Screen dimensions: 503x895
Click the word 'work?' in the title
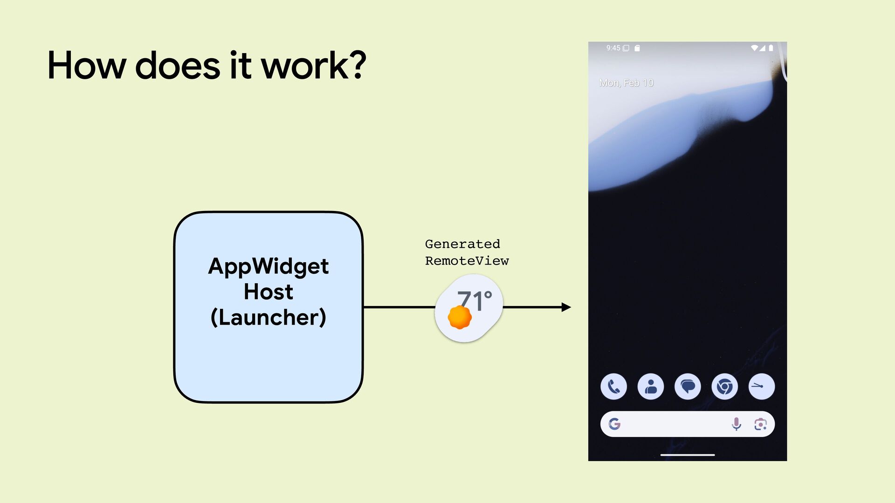click(313, 65)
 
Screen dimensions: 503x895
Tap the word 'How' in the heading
click(87, 65)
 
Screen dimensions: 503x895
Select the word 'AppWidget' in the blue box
click(268, 266)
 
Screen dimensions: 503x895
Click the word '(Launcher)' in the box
click(268, 318)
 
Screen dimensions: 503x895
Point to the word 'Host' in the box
click(268, 292)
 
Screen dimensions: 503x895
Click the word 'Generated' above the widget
click(462, 244)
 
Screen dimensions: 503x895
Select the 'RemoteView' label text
click(467, 261)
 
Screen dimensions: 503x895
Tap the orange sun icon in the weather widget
click(460, 317)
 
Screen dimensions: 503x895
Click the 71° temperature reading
click(475, 300)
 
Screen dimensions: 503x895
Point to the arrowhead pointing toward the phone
click(566, 307)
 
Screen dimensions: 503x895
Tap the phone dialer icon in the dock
click(613, 387)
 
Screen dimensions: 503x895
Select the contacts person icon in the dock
click(651, 387)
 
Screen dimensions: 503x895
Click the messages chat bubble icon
click(688, 387)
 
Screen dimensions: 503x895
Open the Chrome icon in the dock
click(724, 387)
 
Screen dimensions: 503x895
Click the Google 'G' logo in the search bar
click(614, 424)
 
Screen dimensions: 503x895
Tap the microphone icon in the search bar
click(737, 424)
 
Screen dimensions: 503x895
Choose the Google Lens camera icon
click(760, 424)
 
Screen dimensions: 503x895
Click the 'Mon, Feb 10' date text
click(626, 83)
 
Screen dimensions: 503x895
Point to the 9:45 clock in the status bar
click(613, 48)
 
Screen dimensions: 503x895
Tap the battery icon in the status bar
click(771, 48)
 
